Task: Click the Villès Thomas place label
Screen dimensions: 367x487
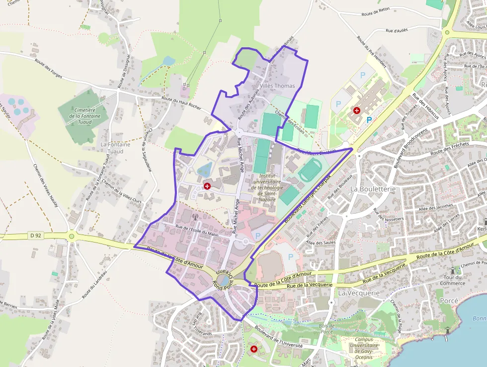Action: tap(277, 86)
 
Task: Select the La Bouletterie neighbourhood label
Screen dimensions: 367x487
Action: tap(373, 189)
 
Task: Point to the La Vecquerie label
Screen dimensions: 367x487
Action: tap(358, 293)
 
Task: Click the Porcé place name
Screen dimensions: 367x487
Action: tap(449, 301)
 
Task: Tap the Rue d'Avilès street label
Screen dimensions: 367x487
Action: tap(397, 30)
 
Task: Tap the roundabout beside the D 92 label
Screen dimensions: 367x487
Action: tap(71, 236)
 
